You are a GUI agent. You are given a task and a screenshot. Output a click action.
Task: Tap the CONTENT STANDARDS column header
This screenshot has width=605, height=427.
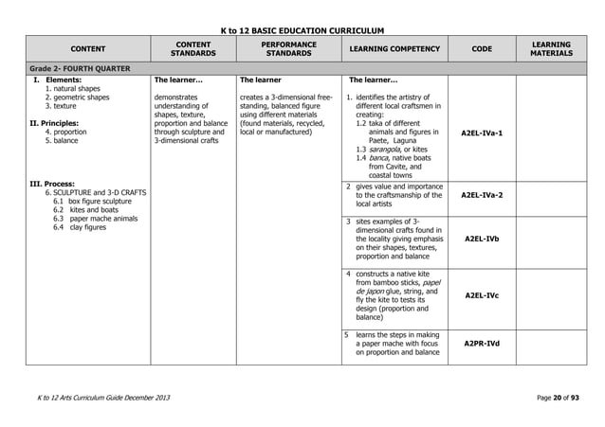point(192,48)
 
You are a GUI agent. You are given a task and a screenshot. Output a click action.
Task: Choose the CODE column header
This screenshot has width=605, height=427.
point(482,49)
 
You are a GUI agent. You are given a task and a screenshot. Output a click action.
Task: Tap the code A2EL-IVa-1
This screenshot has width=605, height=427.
point(482,133)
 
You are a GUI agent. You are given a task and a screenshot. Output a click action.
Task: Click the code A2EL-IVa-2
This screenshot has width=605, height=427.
point(482,195)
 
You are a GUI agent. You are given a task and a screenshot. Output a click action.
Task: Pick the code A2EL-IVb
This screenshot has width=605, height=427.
point(482,240)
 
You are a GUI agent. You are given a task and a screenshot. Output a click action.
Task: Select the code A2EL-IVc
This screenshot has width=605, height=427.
point(482,295)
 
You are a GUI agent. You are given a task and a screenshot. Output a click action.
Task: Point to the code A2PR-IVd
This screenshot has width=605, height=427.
point(482,344)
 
